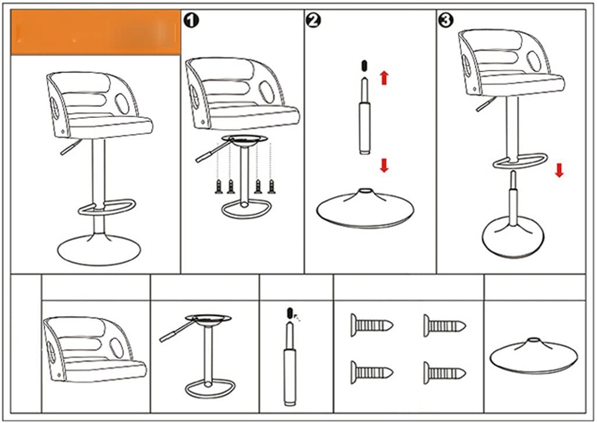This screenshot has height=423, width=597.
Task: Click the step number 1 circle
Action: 192,20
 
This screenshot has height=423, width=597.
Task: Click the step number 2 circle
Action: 313,20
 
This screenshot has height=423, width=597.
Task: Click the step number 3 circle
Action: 445,20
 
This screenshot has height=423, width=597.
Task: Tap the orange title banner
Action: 96,32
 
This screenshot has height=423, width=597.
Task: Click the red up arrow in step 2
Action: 384,77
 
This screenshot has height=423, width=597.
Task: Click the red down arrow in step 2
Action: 384,165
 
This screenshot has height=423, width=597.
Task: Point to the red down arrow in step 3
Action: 559,170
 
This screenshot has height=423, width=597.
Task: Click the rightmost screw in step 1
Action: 271,187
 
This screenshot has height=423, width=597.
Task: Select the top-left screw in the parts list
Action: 371,324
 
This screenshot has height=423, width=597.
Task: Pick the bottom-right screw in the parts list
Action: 444,371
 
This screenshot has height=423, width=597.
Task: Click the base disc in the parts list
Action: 533,355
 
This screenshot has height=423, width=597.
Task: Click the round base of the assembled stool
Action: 98,250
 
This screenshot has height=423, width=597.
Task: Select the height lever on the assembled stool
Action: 70,149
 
